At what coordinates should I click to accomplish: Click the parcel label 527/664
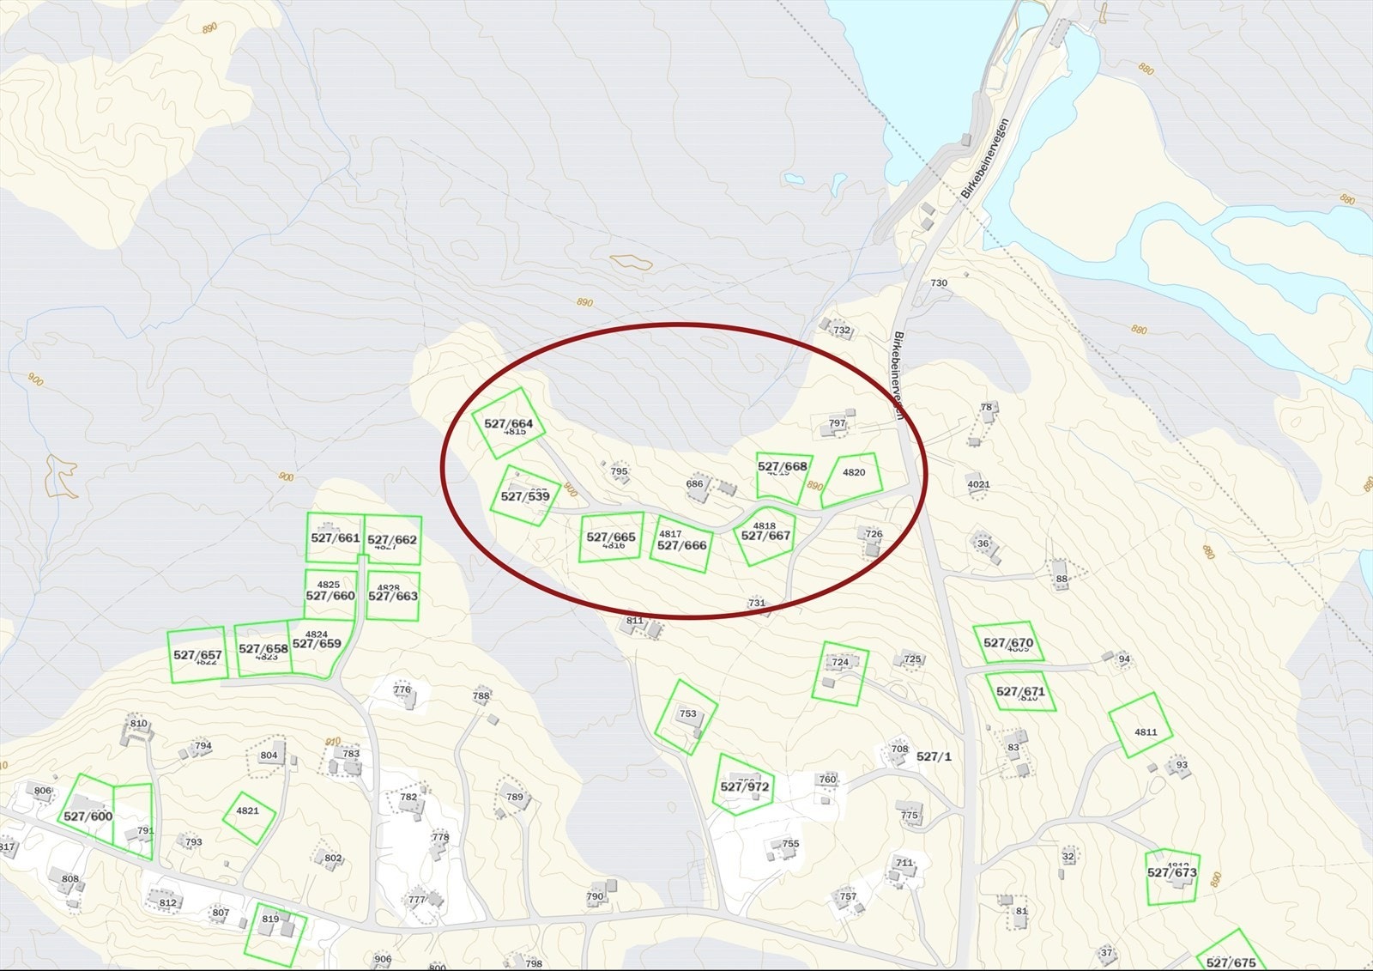(x=508, y=423)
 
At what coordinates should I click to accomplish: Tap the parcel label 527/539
(x=525, y=496)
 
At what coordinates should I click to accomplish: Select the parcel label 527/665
(x=611, y=537)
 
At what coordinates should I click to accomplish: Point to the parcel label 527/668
(x=783, y=466)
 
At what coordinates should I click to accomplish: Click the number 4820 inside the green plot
(x=854, y=472)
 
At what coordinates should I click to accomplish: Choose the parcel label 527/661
(x=336, y=537)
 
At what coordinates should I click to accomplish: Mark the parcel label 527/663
(x=393, y=596)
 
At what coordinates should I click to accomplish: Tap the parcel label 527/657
(x=197, y=654)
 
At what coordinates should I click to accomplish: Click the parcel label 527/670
(x=1008, y=642)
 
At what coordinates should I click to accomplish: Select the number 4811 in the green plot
(x=1146, y=732)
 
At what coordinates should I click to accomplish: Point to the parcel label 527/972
(x=745, y=786)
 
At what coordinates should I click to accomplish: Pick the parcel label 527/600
(x=88, y=816)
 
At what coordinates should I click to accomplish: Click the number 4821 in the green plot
(x=247, y=810)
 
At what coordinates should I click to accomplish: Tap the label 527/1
(x=934, y=756)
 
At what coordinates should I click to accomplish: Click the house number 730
(x=939, y=282)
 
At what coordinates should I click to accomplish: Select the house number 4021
(x=978, y=484)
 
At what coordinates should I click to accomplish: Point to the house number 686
(x=694, y=483)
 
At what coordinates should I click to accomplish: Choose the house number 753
(x=687, y=713)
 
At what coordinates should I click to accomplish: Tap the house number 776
(x=402, y=689)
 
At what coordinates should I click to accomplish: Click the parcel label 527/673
(x=1171, y=872)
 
